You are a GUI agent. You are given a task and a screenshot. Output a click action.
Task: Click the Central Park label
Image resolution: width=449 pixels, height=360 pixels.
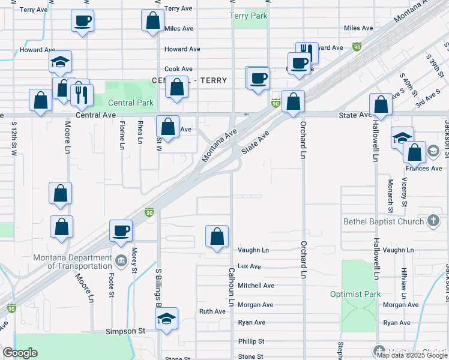[x=131, y=103]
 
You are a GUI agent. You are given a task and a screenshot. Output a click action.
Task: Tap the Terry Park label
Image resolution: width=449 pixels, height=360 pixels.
[x=249, y=16]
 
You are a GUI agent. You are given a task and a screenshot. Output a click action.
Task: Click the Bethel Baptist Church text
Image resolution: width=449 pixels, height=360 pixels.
[x=384, y=221]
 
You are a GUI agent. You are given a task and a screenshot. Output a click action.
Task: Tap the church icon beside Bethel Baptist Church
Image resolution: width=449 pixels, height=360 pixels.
[x=433, y=221]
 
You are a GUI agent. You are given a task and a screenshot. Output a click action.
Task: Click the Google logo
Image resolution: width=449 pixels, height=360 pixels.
[x=20, y=353]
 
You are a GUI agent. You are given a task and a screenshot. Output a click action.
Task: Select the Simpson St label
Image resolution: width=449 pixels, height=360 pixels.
[x=125, y=331]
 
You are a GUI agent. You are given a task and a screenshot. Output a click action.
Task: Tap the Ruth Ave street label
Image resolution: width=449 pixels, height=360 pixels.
[x=212, y=311]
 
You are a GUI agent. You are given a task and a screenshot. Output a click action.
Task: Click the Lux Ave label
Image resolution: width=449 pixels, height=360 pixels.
[x=249, y=266]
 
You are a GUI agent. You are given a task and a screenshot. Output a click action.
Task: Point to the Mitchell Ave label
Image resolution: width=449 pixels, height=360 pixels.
[x=256, y=286]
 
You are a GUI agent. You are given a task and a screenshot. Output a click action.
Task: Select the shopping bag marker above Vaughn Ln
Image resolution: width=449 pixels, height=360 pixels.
[x=217, y=237]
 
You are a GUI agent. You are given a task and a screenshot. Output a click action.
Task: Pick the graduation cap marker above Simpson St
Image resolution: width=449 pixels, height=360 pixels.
[x=166, y=319]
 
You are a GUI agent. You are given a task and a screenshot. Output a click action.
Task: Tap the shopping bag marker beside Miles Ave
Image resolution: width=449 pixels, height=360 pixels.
[x=153, y=21]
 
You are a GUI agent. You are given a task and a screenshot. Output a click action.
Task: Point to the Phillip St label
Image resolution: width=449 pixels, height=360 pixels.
[x=251, y=341]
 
